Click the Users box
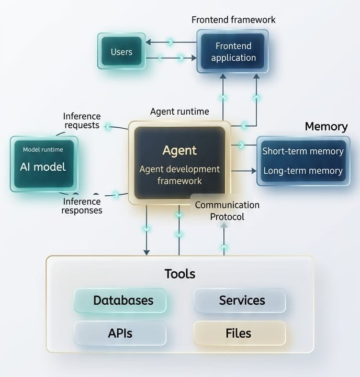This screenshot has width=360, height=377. [121, 51]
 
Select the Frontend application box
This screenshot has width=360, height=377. [233, 51]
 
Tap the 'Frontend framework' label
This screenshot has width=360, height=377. [233, 20]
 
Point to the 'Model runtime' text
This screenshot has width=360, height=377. [43, 150]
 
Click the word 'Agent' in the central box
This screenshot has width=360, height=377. [179, 150]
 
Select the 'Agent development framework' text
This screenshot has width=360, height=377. [179, 175]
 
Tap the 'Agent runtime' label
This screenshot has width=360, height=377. [179, 112]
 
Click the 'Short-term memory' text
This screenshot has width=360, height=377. [303, 151]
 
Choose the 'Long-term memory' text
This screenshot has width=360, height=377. [303, 171]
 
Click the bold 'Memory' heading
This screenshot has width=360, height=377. [326, 126]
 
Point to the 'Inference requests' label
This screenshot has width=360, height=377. [82, 121]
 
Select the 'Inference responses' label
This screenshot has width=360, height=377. [82, 206]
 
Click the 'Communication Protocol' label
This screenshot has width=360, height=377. [227, 210]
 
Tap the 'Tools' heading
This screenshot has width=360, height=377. [180, 273]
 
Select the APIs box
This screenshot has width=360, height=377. [120, 333]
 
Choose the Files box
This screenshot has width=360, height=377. [240, 333]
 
